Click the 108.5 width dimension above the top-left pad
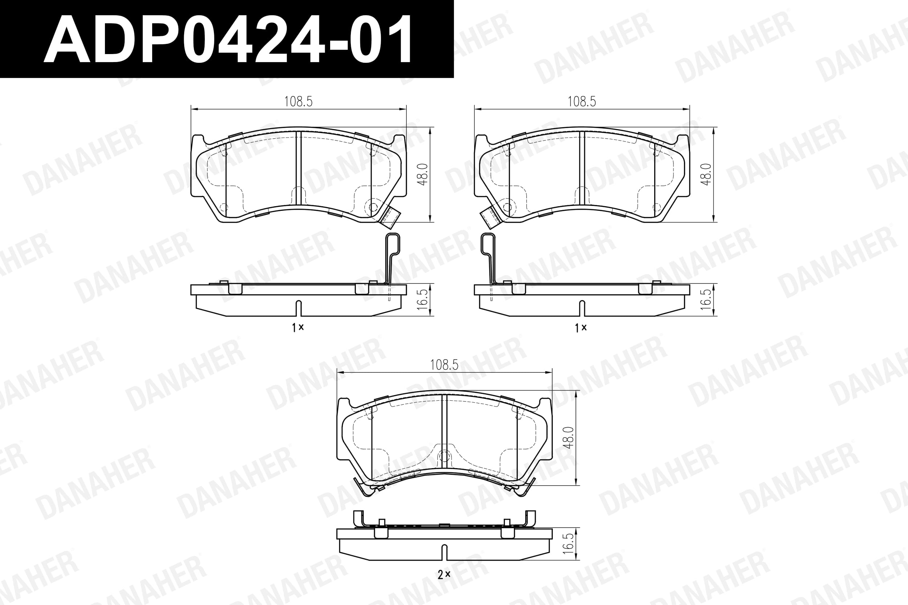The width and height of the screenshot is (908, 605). coord(299,102)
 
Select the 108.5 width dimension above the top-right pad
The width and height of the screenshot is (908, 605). coord(582,102)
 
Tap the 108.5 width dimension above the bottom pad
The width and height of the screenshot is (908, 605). coord(444,365)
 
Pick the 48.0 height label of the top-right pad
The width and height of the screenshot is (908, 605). coord(706,175)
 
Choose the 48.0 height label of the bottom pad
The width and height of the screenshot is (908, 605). coord(569,438)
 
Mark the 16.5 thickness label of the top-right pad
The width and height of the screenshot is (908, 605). coord(706,299)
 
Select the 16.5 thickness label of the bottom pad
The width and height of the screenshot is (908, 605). coord(569,544)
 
